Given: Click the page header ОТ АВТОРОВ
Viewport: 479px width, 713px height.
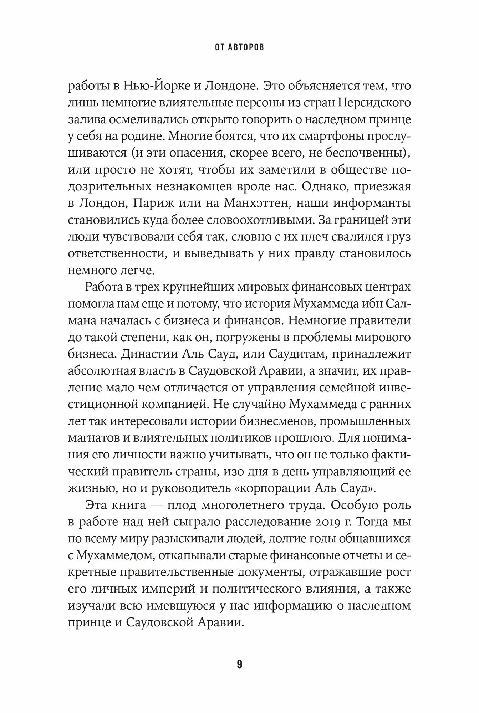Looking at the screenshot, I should click(x=239, y=48).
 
